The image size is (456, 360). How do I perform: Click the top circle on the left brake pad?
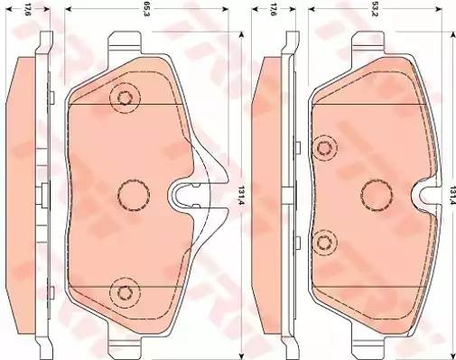123,99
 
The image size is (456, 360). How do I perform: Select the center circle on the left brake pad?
132,192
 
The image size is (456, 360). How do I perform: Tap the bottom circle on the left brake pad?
123,291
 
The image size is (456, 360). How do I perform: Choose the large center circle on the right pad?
375,192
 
